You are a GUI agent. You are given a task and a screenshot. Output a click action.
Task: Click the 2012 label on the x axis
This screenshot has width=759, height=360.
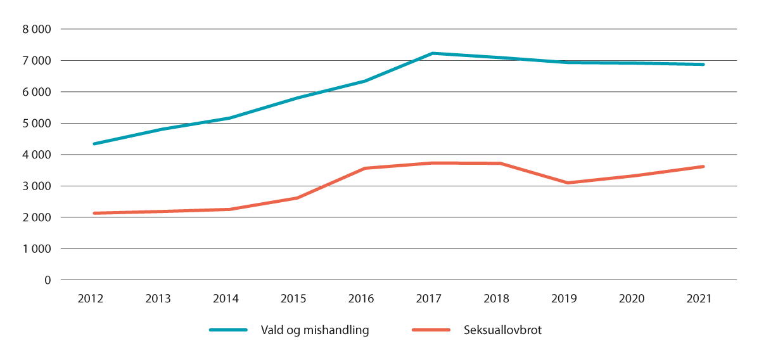click(91, 299)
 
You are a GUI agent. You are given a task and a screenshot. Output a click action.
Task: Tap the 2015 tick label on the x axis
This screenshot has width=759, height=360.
click(294, 299)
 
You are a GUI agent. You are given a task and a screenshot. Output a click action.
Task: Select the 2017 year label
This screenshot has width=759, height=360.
click(430, 299)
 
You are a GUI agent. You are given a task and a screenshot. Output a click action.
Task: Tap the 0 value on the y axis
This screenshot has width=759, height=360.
click(48, 280)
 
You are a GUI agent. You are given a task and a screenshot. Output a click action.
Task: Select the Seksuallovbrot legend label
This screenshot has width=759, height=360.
click(499, 330)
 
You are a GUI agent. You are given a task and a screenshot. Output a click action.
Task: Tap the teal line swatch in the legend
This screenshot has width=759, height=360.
click(228, 330)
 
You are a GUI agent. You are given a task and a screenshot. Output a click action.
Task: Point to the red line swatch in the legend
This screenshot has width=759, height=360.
click(431, 330)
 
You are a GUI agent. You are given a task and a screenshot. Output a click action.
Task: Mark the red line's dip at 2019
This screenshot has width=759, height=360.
click(568, 183)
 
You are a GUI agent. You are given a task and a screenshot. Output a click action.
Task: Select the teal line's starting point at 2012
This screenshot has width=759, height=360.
click(94, 144)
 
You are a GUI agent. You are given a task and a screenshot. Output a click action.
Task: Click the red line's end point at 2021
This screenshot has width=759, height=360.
click(703, 167)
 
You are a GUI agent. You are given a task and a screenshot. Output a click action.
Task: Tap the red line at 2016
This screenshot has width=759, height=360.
click(364, 168)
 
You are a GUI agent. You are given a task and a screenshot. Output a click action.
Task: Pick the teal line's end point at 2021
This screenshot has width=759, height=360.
click(703, 64)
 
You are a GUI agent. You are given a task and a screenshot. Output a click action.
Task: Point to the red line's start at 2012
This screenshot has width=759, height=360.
click(94, 213)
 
